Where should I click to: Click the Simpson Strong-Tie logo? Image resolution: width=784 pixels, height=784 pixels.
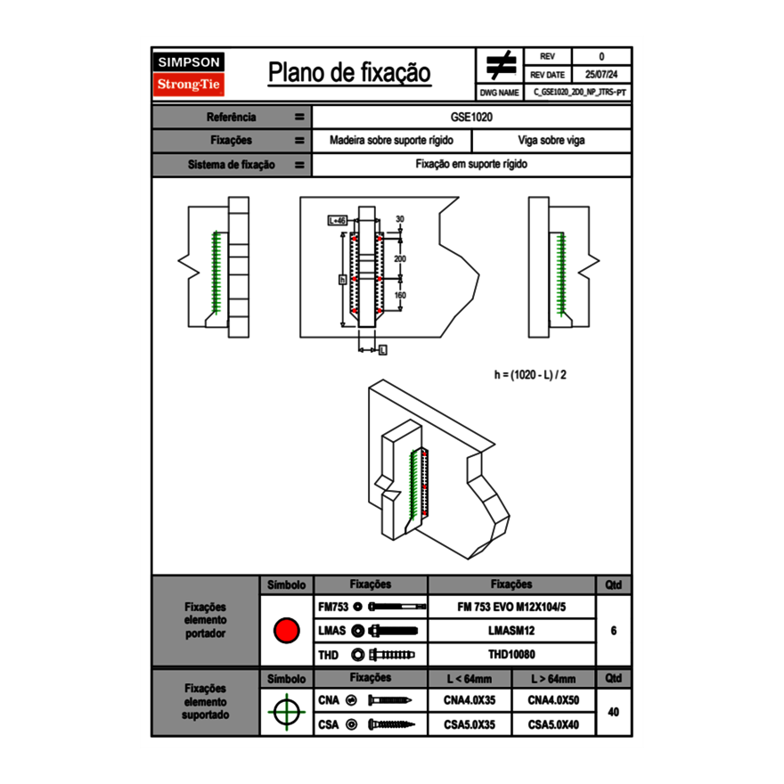tap(190, 74)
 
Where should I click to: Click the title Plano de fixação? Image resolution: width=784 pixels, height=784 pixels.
tap(349, 73)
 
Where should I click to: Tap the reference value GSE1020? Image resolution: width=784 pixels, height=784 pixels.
tap(471, 117)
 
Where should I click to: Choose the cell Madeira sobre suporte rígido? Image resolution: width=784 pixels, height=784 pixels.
tap(391, 141)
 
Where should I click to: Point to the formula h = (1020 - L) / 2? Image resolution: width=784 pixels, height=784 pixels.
tap(530, 375)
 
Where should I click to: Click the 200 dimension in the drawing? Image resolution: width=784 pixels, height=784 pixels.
tap(400, 258)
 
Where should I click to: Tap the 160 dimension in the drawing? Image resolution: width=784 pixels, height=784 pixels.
tap(400, 295)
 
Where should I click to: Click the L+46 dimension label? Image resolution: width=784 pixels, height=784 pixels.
tap(337, 219)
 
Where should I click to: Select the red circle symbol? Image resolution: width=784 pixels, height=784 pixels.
tap(286, 631)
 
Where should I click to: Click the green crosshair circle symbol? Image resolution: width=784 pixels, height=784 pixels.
tap(286, 712)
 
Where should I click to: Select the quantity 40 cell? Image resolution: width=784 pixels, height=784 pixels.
tap(613, 712)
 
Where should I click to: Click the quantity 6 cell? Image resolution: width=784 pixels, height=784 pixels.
tap(613, 631)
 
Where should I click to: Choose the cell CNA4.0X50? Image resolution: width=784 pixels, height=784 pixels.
tap(553, 700)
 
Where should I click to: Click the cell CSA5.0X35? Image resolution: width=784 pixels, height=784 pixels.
tap(470, 724)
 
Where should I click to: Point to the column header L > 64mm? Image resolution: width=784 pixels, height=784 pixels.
tap(553, 678)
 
